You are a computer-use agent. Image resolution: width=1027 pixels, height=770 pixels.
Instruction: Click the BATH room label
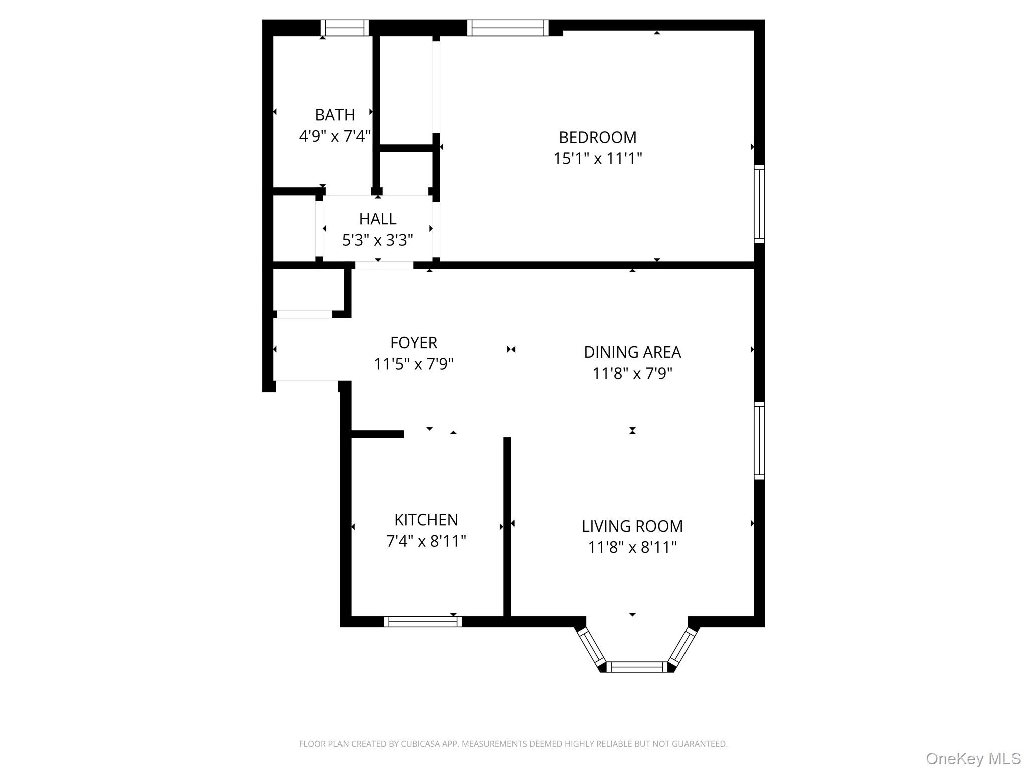(x=334, y=115)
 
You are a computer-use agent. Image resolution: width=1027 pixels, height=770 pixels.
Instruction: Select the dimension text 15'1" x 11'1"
(x=597, y=158)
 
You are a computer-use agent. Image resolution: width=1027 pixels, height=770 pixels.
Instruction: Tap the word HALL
(x=377, y=219)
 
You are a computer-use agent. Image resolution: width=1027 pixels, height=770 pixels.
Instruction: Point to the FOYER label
(x=413, y=342)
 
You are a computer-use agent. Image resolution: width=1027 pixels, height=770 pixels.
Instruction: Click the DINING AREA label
(x=632, y=352)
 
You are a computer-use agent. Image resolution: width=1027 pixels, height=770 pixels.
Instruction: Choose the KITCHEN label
(x=426, y=520)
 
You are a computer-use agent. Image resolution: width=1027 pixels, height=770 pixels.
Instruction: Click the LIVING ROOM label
(x=632, y=526)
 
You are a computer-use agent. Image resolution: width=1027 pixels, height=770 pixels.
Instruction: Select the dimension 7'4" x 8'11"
(x=426, y=541)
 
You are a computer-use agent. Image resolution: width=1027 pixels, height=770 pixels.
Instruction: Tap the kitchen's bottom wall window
(x=422, y=622)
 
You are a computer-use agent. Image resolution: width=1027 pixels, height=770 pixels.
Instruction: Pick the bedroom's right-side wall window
(x=759, y=204)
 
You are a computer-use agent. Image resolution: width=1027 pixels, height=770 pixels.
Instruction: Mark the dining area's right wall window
(x=759, y=440)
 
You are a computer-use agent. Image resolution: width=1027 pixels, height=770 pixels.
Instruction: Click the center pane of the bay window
(x=636, y=667)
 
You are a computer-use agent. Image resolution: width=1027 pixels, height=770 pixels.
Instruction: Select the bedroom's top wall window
(x=507, y=28)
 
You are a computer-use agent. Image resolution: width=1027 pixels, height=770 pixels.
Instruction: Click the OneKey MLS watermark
(x=973, y=758)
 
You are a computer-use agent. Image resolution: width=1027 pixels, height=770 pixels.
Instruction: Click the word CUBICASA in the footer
(x=418, y=744)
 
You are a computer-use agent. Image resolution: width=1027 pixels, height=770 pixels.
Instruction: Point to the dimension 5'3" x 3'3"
(x=377, y=240)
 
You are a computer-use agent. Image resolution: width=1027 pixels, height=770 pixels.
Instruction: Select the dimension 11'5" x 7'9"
(x=413, y=364)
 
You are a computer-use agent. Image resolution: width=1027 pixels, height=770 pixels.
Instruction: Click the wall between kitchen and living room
(x=507, y=526)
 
